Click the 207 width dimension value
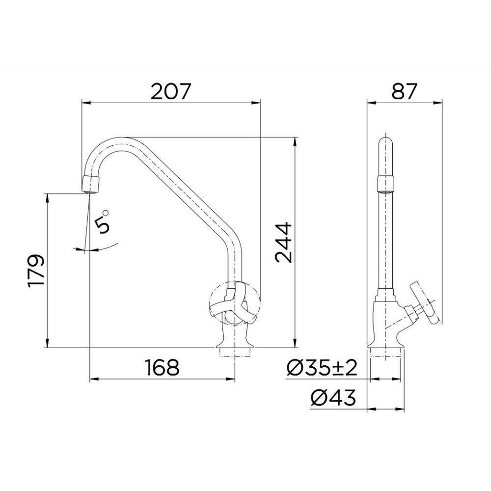point(170,92)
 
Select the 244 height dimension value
point(283,243)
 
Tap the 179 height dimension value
point(36,271)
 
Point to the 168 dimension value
point(162,367)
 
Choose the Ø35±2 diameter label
point(322,368)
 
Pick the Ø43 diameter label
point(332,398)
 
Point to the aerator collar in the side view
point(385,184)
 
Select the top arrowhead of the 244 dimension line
point(294,141)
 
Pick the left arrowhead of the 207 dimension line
point(85,103)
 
